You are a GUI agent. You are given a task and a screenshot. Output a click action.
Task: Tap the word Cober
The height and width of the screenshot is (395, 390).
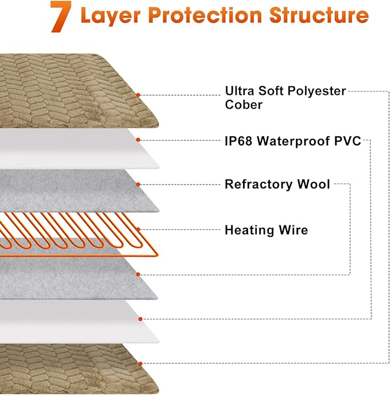(x=244, y=105)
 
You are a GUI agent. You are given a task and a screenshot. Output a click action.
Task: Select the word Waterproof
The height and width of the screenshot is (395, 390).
(x=295, y=141)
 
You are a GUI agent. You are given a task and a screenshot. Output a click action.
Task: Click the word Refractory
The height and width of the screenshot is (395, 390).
(x=256, y=184)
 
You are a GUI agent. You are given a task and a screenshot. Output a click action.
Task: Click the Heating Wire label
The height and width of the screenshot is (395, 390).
(x=266, y=230)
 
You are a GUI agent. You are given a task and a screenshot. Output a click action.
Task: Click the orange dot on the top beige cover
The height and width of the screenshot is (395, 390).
(x=138, y=94)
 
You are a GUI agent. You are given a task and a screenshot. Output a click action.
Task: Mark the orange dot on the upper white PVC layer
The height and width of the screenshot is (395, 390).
(x=138, y=140)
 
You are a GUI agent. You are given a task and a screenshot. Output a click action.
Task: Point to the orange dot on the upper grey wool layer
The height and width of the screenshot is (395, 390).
(x=138, y=185)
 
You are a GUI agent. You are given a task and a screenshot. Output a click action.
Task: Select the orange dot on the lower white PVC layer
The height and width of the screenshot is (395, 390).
(x=138, y=319)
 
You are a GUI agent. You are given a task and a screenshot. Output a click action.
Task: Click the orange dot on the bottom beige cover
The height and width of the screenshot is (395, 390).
(x=138, y=363)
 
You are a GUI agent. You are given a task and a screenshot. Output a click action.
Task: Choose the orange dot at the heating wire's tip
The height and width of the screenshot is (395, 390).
(x=138, y=230)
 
